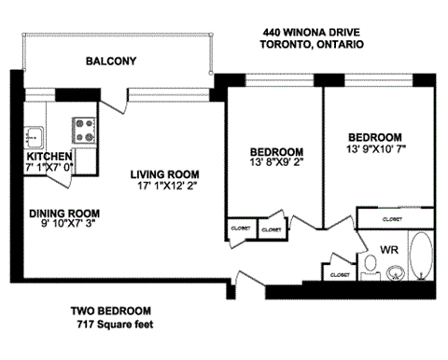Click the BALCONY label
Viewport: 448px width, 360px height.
pos(111,62)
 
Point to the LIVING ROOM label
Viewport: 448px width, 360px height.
pos(164,174)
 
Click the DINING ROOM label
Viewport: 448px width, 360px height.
pos(63,213)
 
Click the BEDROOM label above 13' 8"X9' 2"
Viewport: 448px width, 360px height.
pos(276,152)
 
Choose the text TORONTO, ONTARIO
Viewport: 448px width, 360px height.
pos(309,45)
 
